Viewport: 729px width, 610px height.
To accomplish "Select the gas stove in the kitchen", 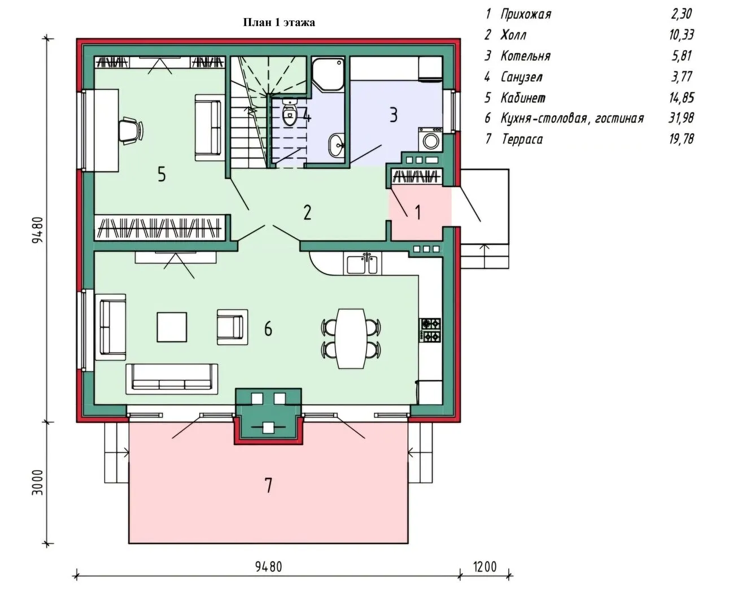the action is (x=430, y=330).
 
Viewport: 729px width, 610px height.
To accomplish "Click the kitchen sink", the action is (x=362, y=264).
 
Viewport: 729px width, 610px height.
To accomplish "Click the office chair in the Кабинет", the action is (x=131, y=131).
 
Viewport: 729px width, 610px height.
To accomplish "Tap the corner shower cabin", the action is (x=328, y=75).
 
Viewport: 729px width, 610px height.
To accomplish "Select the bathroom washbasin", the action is (x=337, y=145).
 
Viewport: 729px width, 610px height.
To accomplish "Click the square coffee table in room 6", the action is (x=172, y=327).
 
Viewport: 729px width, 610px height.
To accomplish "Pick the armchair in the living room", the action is (x=232, y=327).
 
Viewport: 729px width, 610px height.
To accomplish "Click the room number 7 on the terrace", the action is (x=268, y=485).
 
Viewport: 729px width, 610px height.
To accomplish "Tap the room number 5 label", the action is (x=161, y=174).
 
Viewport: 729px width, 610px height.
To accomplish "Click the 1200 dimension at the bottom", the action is (x=484, y=567).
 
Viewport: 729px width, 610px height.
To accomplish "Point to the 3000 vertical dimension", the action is (x=38, y=482).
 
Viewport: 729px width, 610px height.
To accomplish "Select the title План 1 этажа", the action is (x=279, y=23).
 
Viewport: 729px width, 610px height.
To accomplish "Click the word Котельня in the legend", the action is (x=526, y=56).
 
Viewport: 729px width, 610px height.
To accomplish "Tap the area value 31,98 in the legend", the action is (x=681, y=118).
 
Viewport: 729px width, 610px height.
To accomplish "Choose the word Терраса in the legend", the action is (x=522, y=140).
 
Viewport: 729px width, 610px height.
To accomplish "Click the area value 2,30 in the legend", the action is (x=681, y=14).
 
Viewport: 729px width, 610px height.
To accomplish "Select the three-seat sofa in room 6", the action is (x=172, y=379).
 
